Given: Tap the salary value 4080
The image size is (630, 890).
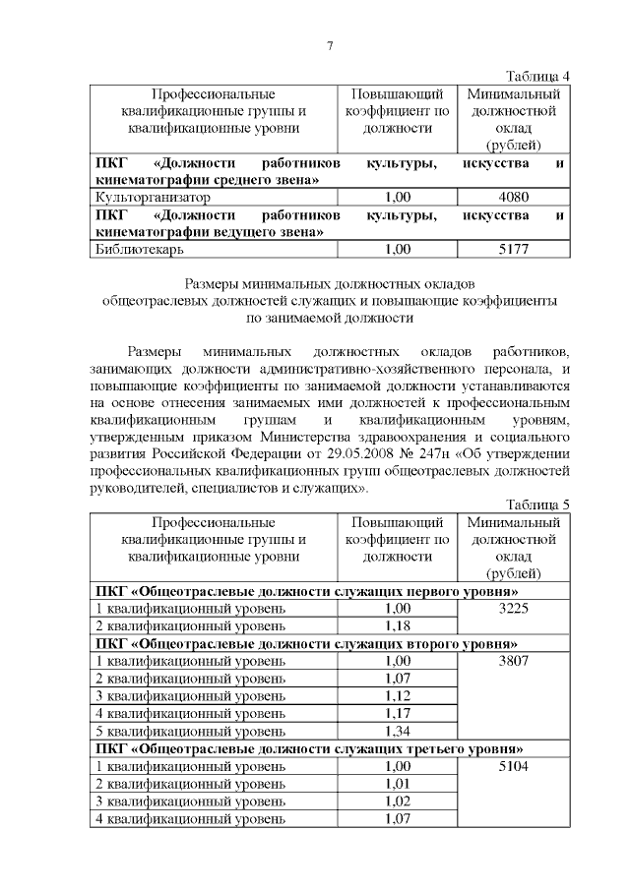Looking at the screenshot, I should click(x=516, y=197).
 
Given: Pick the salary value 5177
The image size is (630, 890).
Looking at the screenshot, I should click(x=516, y=250).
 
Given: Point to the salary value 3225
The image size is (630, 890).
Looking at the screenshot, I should click(x=516, y=610).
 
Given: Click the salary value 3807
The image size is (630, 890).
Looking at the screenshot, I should click(x=516, y=661).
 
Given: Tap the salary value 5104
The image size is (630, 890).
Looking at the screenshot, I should click(x=516, y=765).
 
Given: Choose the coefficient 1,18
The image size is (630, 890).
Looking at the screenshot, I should click(x=398, y=626).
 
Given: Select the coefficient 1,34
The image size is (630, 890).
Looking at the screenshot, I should click(x=398, y=731).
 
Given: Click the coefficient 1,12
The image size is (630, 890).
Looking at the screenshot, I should click(x=398, y=696).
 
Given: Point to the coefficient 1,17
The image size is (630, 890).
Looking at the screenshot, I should click(x=398, y=713).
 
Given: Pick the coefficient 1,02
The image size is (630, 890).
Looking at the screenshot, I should click(x=398, y=801).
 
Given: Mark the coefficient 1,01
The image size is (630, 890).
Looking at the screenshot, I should click(x=398, y=783).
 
